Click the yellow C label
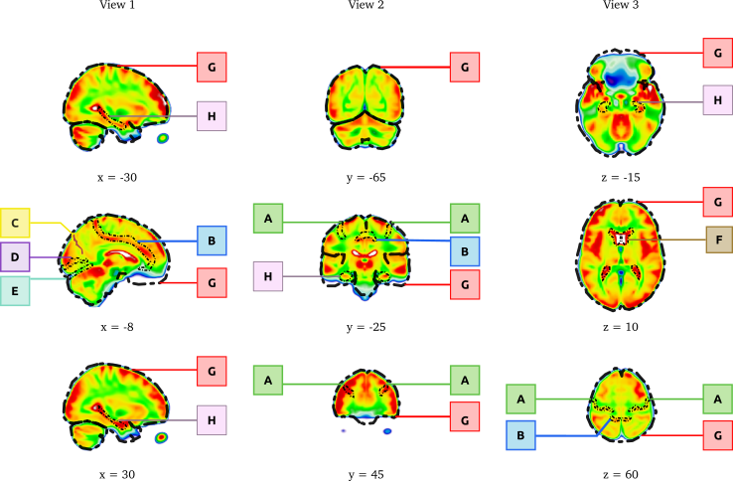[15, 223]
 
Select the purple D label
[15, 257]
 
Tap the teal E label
[15, 291]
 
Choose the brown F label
[718, 240]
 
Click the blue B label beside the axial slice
[520, 435]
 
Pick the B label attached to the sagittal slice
[212, 240]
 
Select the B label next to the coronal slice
[464, 251]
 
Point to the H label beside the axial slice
[717, 100]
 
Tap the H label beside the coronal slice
[267, 276]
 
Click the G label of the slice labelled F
[717, 202]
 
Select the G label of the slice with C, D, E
[212, 282]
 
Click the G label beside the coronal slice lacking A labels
[464, 68]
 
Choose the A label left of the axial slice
[520, 399]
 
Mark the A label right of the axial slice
[717, 399]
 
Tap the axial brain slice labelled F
[622, 255]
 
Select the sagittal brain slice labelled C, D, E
[114, 259]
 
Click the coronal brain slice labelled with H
[365, 257]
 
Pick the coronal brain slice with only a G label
[365, 106]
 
